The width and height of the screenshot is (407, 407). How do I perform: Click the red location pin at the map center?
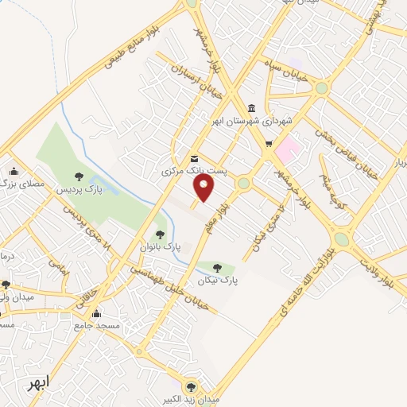204,188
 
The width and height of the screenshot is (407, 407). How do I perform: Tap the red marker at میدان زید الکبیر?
190,383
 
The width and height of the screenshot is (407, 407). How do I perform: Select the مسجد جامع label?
103,326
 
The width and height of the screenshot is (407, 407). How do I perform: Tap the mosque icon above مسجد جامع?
96,313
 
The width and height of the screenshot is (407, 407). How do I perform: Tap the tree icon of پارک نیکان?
218,268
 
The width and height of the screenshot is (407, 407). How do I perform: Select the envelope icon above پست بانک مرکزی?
195,158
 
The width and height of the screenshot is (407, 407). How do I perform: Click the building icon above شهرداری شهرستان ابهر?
251,108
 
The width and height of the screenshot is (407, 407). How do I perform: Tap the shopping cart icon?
269,144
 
